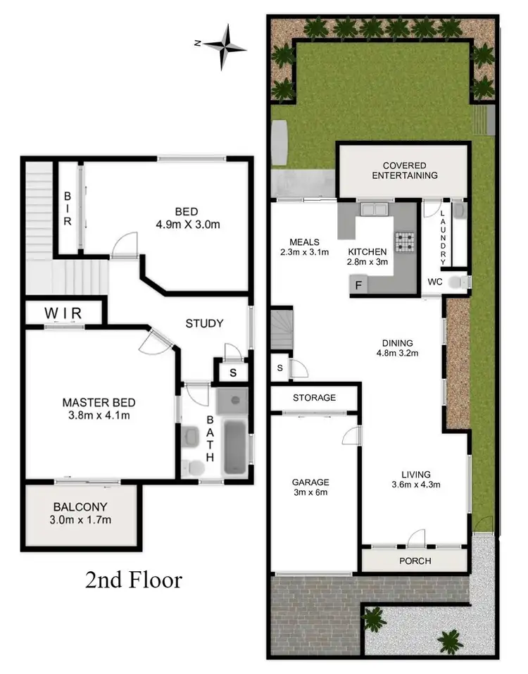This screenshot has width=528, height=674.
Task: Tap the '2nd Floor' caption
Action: (134, 580)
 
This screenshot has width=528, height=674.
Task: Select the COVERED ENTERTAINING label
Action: (405, 170)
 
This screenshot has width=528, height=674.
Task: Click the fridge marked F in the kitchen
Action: (358, 285)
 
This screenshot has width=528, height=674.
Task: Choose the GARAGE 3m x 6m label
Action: (310, 487)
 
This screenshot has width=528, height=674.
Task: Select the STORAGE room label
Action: (314, 398)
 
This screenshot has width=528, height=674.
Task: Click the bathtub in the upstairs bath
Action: (233, 448)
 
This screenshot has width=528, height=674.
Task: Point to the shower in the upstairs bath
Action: (232, 401)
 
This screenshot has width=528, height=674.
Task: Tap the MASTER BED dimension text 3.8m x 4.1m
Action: (99, 415)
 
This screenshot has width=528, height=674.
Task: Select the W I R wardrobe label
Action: (63, 311)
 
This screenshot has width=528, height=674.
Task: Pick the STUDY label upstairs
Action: (204, 323)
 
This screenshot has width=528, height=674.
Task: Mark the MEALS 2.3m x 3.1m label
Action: (304, 246)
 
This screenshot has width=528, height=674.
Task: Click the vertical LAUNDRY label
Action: (443, 238)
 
